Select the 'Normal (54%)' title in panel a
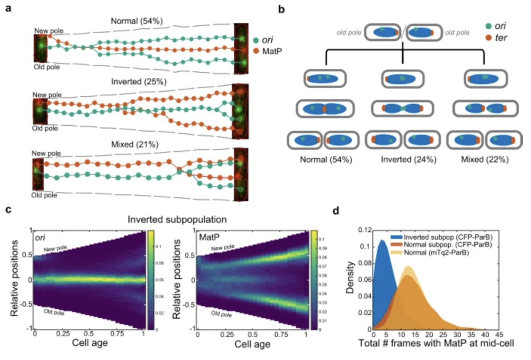[136, 21]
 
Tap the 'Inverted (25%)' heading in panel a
[139, 82]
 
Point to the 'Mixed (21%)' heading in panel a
[135, 145]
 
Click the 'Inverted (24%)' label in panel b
[408, 160]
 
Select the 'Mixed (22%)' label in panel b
[485, 160]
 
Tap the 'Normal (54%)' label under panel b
[326, 160]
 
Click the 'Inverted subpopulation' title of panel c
[177, 220]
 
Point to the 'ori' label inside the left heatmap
[40, 238]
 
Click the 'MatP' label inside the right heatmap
[209, 237]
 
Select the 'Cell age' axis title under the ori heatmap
[90, 343]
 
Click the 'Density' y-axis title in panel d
[350, 277]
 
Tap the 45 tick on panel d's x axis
[499, 335]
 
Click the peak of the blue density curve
[382, 240]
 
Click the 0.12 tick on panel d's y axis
[365, 230]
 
